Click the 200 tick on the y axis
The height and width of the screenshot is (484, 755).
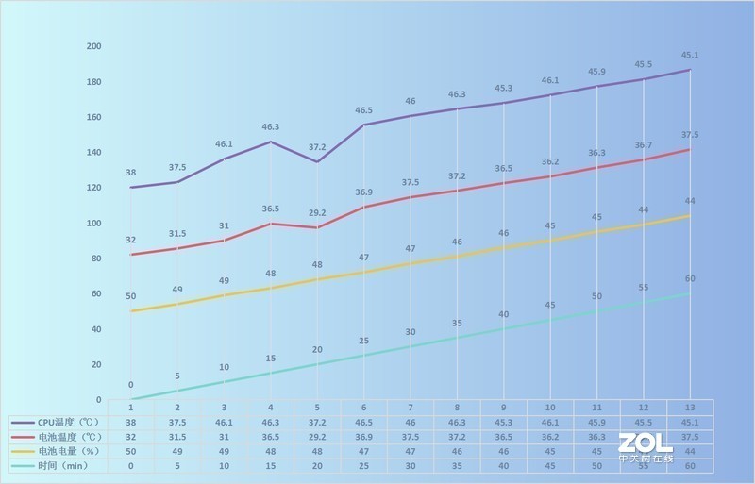click(94, 46)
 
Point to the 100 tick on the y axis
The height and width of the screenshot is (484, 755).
click(94, 223)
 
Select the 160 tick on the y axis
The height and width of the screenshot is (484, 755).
click(94, 117)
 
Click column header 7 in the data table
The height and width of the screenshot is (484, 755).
click(410, 407)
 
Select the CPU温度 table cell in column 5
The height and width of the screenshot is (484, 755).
click(317, 423)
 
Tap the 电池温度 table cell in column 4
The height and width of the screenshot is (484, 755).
click(270, 437)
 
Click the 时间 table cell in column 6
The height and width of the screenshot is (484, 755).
click(363, 465)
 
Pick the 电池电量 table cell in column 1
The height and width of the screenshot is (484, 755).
click(130, 451)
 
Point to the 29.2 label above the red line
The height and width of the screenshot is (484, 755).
click(318, 212)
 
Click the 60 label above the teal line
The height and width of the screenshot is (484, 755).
click(690, 278)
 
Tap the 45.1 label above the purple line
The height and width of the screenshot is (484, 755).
click(690, 54)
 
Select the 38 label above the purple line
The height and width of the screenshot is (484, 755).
click(130, 173)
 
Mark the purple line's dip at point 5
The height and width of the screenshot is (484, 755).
click(317, 161)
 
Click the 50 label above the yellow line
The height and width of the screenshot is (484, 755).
click(130, 296)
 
